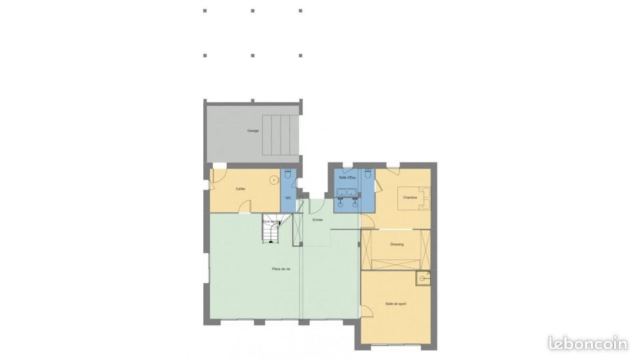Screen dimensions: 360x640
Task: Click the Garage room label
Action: tap(253, 131)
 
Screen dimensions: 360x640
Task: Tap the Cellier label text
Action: tap(241, 189)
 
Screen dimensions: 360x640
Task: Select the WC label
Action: tap(288, 198)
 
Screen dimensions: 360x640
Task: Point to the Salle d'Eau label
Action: tap(347, 177)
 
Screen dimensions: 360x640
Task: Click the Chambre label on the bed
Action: tap(409, 197)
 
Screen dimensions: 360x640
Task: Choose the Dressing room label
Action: tap(397, 244)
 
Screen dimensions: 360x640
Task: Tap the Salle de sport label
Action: tap(395, 303)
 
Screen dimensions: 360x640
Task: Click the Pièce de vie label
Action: tap(281, 269)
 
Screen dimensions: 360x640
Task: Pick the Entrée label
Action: tap(318, 219)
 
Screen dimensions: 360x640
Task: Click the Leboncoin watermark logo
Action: tap(588, 343)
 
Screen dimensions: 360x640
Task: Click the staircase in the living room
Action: tap(271, 231)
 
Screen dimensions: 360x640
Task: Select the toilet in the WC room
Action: tap(288, 174)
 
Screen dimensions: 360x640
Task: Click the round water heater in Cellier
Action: tap(274, 180)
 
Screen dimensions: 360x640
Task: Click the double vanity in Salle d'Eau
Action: tap(347, 195)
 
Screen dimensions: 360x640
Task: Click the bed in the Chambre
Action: tap(415, 198)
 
